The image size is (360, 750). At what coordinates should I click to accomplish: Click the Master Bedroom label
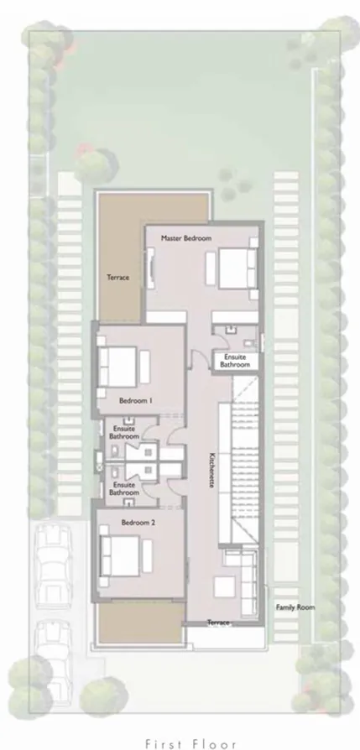(186, 238)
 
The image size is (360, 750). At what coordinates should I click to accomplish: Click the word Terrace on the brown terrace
(117, 278)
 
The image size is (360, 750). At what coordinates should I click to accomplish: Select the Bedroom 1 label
(135, 401)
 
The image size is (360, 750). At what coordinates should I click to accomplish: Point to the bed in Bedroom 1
(121, 367)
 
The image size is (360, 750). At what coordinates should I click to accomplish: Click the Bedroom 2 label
(138, 522)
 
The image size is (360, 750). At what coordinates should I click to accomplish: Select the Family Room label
(295, 607)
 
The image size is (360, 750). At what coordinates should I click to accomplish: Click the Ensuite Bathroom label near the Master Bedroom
(235, 362)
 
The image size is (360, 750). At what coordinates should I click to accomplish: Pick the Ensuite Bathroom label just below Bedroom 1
(123, 432)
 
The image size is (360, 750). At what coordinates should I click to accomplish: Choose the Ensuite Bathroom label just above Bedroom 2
(124, 488)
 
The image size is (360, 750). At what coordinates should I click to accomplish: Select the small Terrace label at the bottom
(218, 622)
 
